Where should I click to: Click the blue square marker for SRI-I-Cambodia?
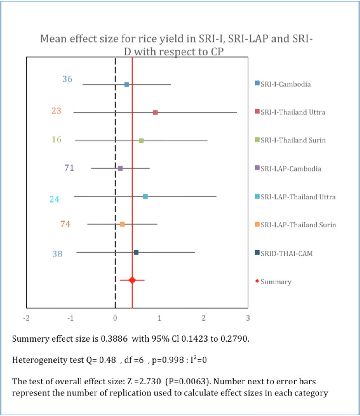pos(127,85)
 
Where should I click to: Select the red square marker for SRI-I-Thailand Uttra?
pos(155,113)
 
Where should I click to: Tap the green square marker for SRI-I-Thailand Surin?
pos(141,141)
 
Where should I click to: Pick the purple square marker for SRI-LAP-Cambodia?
pos(120,168)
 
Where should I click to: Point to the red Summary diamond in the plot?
pos(132,280)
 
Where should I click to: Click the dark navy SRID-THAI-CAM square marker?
pos(136,252)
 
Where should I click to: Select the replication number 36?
pos(67,79)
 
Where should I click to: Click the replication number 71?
pos(69,168)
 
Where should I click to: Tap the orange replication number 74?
pos(65,224)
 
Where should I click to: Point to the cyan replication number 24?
pos(54,199)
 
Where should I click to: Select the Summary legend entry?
pos(276,282)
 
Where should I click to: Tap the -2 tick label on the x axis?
pos(27,318)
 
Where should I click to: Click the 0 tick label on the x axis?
pos(115,318)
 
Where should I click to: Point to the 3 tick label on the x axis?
pos(248,318)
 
